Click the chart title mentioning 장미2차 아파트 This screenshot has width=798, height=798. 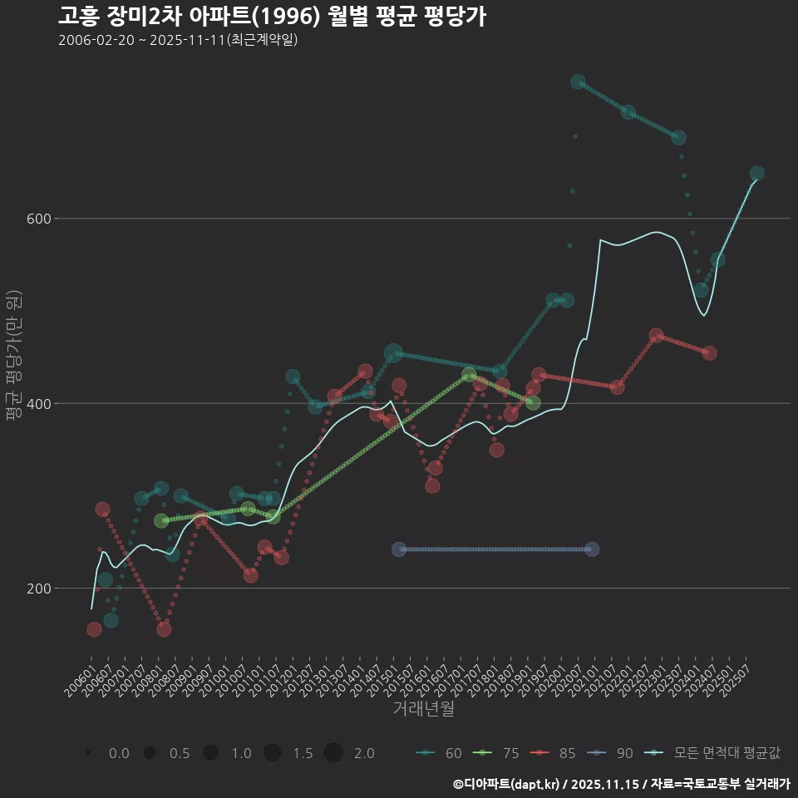click(x=272, y=17)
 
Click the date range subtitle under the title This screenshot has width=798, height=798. click(x=178, y=41)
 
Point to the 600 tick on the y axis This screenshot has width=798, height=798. click(x=37, y=219)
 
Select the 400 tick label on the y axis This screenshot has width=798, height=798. click(x=37, y=404)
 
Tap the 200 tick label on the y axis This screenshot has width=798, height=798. click(x=37, y=589)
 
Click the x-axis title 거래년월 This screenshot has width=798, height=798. click(x=423, y=709)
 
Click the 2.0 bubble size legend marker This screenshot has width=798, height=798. click(x=333, y=753)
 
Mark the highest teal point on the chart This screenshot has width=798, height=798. click(x=578, y=82)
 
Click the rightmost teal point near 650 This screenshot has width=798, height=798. click(x=756, y=174)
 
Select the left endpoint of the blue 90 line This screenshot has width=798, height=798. click(x=399, y=549)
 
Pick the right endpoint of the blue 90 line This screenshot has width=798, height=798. click(x=592, y=549)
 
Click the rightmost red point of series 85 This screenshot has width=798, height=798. click(x=709, y=353)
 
